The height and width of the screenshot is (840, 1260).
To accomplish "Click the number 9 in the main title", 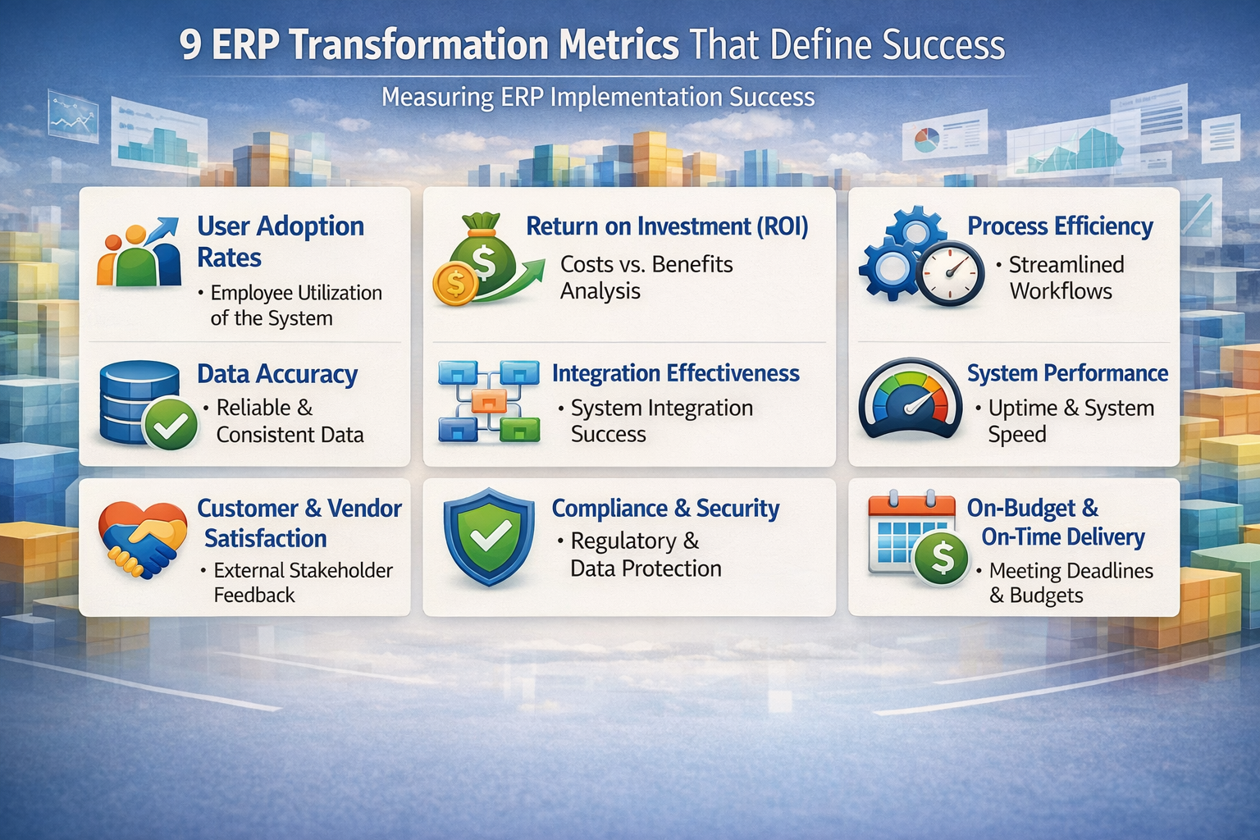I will click(x=190, y=46).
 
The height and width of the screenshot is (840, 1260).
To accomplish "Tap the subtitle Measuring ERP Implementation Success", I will click(x=598, y=98).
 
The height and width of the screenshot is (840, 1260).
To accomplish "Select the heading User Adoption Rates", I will click(x=280, y=241).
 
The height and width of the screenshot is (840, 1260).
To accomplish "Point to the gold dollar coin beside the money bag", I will click(x=454, y=284).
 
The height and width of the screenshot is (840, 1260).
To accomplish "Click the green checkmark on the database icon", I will click(x=170, y=424).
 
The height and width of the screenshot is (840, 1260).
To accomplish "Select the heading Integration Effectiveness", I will click(x=675, y=373).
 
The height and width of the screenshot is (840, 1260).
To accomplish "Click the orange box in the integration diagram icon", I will click(x=489, y=401).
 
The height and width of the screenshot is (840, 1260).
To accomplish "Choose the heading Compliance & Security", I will click(x=665, y=509).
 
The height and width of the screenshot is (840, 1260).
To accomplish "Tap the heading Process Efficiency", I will click(x=1060, y=226).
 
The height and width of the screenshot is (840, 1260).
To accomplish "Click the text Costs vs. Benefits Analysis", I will click(x=646, y=277).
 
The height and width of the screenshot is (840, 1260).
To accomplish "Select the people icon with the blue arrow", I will click(x=139, y=253).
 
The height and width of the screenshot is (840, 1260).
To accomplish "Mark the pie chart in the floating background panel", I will click(x=926, y=139).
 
